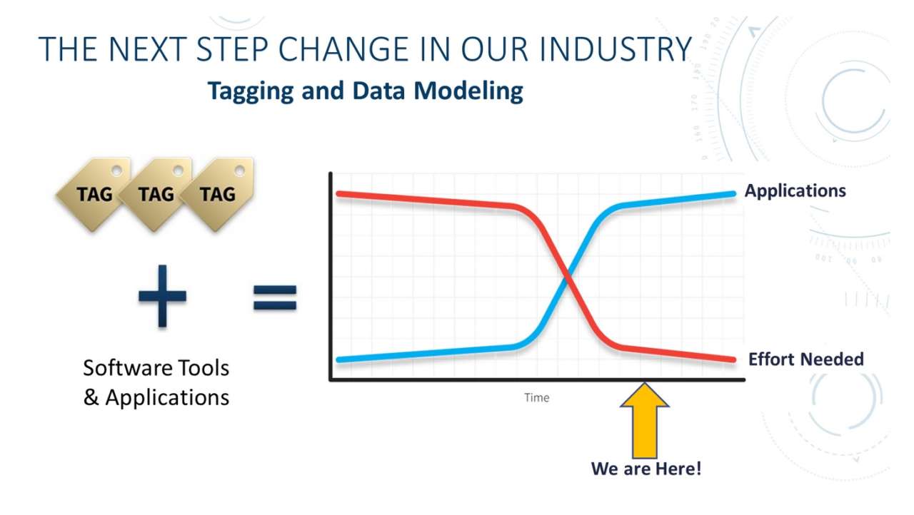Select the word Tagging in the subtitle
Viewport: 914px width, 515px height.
(251, 91)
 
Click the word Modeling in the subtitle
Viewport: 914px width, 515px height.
(468, 91)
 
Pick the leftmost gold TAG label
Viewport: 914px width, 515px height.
(94, 193)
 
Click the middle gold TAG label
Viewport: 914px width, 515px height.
(156, 193)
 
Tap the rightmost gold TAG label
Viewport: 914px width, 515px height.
(218, 193)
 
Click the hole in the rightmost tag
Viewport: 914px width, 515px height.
(239, 170)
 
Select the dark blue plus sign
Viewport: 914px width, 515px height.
(162, 296)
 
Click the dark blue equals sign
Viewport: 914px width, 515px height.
(275, 297)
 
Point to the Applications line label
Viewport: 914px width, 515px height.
(795, 191)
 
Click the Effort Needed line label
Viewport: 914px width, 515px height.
(806, 360)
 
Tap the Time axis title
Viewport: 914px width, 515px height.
(536, 397)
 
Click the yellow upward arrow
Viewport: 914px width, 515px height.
(645, 420)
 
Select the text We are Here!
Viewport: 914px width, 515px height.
(646, 469)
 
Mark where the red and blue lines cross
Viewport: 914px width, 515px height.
(567, 277)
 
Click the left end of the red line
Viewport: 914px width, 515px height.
(338, 193)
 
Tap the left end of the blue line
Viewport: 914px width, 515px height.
(338, 360)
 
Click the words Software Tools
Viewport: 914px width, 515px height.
(156, 368)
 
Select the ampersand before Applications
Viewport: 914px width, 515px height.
(91, 397)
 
